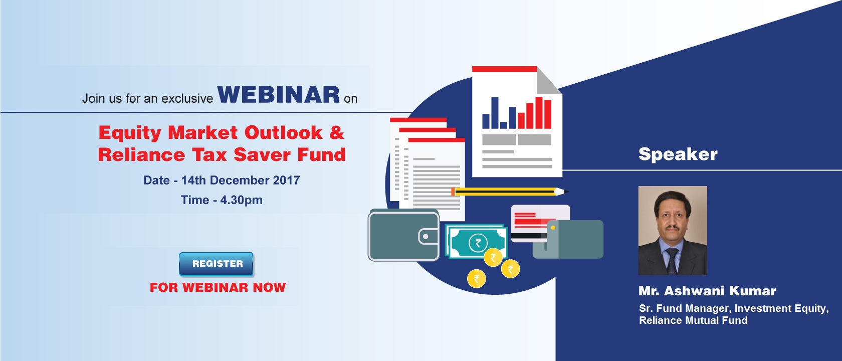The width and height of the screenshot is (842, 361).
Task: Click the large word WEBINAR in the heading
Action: click(279, 94)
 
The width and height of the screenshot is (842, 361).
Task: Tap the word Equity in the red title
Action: click(130, 133)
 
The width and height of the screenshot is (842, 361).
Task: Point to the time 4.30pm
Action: click(242, 200)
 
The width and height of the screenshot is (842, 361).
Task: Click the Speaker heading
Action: click(678, 154)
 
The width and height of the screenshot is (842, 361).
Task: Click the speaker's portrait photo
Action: click(673, 231)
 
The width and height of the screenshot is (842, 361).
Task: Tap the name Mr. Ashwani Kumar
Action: click(707, 291)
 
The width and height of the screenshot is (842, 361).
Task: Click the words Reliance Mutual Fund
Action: click(693, 320)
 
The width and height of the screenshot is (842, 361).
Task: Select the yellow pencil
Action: click(510, 192)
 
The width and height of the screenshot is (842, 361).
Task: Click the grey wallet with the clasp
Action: click(404, 236)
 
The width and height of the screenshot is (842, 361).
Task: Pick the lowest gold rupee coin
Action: click(476, 279)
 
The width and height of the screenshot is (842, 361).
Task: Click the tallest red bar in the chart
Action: click(539, 113)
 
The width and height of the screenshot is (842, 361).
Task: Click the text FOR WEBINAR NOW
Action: click(218, 288)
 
